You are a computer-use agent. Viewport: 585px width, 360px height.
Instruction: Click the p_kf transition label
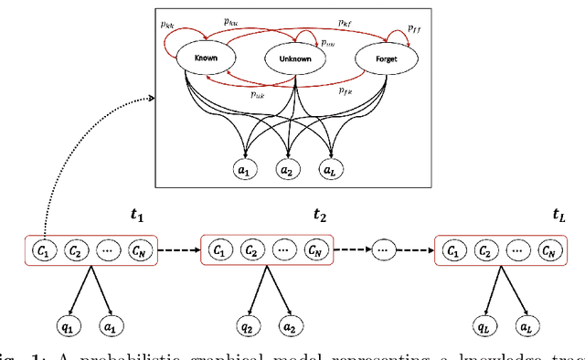(346, 21)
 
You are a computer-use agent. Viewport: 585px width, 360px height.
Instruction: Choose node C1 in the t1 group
(42, 249)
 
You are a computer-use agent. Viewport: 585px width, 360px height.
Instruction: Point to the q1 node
(65, 325)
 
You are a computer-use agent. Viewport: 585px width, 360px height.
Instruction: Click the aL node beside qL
(524, 325)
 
